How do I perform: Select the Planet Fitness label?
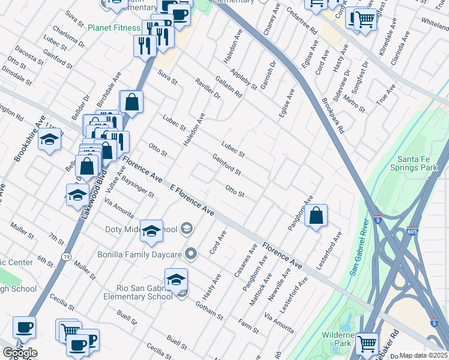(113, 28)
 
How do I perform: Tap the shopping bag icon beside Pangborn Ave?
(316, 216)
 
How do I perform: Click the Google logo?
(20, 353)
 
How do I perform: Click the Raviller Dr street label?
(208, 89)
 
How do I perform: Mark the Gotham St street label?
(208, 310)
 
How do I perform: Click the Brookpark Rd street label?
(333, 115)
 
